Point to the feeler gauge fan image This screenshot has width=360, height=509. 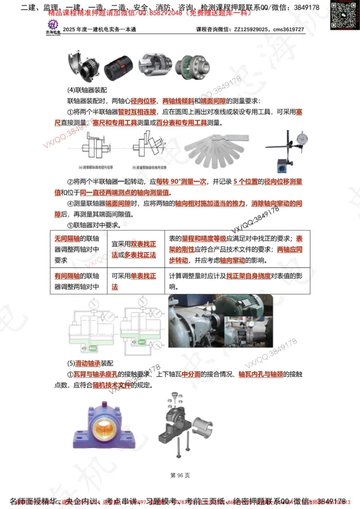tap(216, 151)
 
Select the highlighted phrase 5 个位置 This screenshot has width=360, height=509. tap(246, 182)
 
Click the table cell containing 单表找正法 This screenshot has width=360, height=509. tap(136, 281)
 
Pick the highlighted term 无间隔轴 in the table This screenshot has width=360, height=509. tap(67, 239)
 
